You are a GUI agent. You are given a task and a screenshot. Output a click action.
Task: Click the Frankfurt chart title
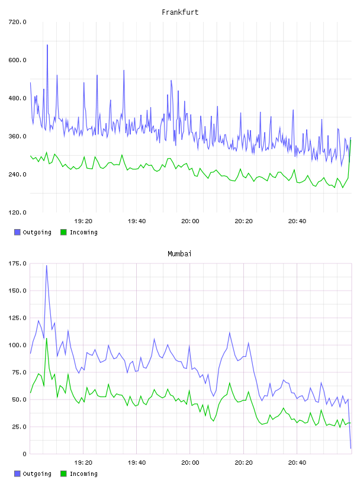click(x=180, y=12)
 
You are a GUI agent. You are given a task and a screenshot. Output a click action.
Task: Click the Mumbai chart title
click(x=179, y=254)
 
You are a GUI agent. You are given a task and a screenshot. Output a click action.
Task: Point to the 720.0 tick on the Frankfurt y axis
click(x=18, y=22)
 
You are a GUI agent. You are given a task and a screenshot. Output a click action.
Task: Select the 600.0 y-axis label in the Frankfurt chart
click(x=18, y=60)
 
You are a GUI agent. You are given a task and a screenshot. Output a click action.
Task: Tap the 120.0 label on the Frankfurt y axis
click(x=18, y=212)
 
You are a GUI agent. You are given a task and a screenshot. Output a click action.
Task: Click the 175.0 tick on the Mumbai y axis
click(x=18, y=263)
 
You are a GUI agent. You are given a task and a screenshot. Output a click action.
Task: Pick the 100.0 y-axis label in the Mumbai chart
click(x=18, y=345)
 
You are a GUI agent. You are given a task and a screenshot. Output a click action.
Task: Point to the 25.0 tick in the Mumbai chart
click(x=19, y=427)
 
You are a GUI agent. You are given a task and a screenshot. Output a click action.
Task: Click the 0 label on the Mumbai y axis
click(x=25, y=454)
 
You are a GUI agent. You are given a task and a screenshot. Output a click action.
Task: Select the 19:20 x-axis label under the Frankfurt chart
click(x=83, y=221)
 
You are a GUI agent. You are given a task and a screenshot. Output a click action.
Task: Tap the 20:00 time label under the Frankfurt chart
click(x=190, y=221)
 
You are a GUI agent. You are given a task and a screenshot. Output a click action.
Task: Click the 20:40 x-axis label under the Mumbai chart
click(x=297, y=463)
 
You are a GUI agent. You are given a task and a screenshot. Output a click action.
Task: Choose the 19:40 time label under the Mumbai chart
click(x=137, y=463)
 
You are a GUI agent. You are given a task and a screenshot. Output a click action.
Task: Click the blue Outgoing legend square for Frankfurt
click(x=17, y=232)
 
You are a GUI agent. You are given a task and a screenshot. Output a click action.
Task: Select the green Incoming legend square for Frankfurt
click(x=63, y=232)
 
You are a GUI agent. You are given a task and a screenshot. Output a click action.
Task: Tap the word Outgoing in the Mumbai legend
click(x=37, y=474)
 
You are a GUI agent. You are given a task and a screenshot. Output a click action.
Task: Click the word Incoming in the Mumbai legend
click(x=83, y=474)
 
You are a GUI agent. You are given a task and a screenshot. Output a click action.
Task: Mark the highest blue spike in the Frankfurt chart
click(x=47, y=45)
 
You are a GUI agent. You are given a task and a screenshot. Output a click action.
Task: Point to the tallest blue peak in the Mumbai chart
click(x=47, y=266)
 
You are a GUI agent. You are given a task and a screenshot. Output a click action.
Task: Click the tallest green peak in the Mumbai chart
click(x=47, y=339)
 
